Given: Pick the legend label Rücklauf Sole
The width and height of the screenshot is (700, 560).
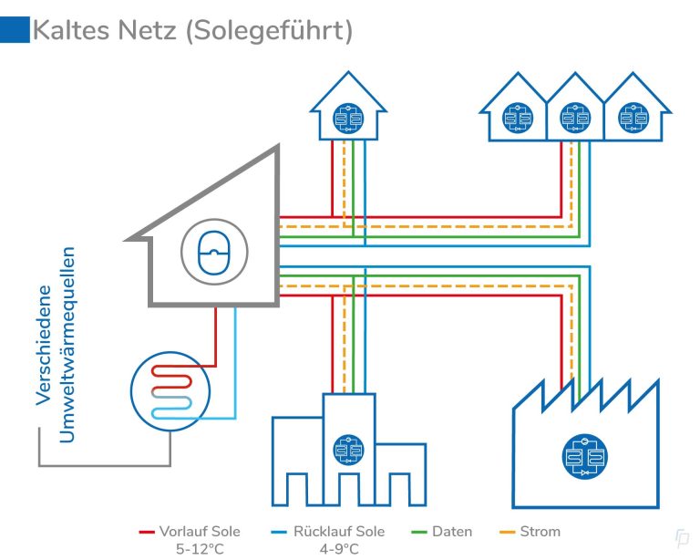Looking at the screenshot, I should pyautogui.click(x=338, y=531).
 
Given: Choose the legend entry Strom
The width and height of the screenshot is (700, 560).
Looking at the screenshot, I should pyautogui.click(x=541, y=531).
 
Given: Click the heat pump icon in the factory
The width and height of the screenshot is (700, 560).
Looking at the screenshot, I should pyautogui.click(x=585, y=457).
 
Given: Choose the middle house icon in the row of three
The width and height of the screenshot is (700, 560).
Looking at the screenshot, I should pyautogui.click(x=571, y=118).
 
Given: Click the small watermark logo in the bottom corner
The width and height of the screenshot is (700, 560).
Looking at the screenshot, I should pyautogui.click(x=681, y=539).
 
